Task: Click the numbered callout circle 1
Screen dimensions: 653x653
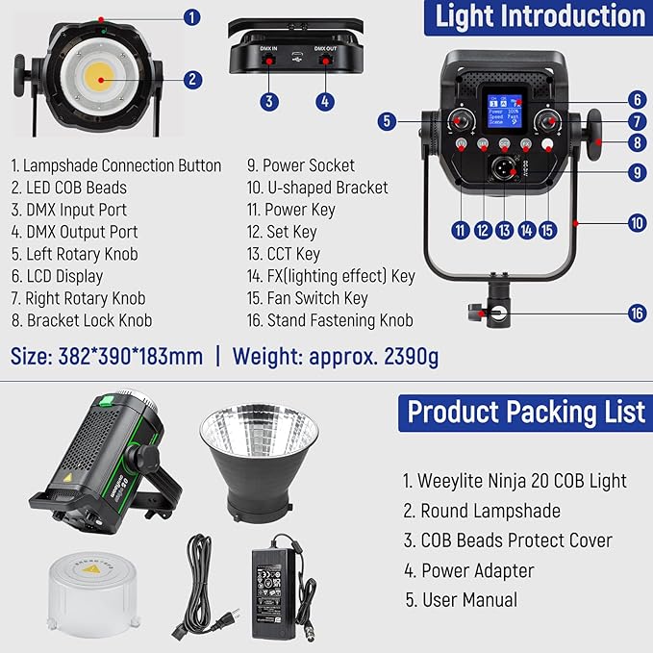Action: click(x=191, y=16)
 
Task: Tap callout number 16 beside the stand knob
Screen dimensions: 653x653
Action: click(x=637, y=313)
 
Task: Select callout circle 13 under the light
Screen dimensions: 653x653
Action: click(x=504, y=230)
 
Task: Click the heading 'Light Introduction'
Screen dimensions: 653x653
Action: click(x=540, y=16)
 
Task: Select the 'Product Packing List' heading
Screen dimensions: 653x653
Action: click(x=525, y=412)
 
